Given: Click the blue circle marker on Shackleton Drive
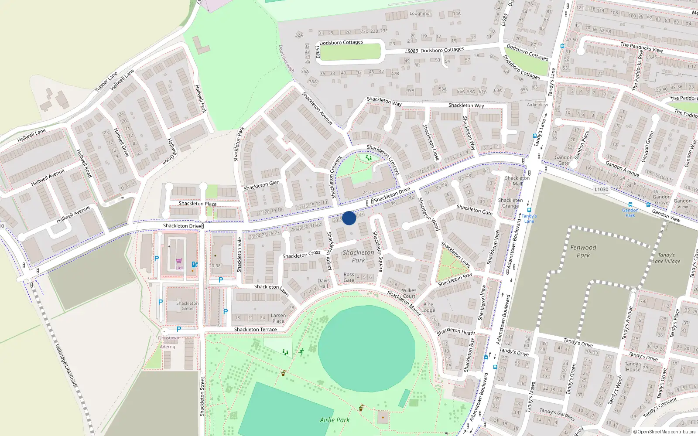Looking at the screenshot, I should pyautogui.click(x=349, y=218).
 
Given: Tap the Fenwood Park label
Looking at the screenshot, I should pyautogui.click(x=583, y=251).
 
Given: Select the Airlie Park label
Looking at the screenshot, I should pyautogui.click(x=335, y=420).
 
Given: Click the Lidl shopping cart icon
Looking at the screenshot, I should pyautogui.click(x=179, y=262).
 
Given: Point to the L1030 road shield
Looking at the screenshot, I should pyautogui.click(x=602, y=189).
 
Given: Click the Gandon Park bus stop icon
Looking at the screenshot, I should pyautogui.click(x=630, y=205).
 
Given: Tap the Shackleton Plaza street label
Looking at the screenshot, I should pyautogui.click(x=198, y=204).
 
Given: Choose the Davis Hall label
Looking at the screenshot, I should pyautogui.click(x=324, y=283).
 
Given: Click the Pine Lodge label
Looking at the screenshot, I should pyautogui.click(x=428, y=307).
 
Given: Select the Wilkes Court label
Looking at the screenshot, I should pyautogui.click(x=409, y=293).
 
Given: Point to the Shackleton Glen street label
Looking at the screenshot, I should pyautogui.click(x=261, y=185).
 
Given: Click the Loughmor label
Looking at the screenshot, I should pyautogui.click(x=420, y=14).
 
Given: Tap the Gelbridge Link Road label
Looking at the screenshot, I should pyautogui.click(x=66, y=365).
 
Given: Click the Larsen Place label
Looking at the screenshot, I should pyautogui.click(x=278, y=318).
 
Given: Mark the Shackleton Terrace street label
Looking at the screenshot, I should pyautogui.click(x=255, y=330).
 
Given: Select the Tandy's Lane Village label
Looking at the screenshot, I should pyautogui.click(x=666, y=258).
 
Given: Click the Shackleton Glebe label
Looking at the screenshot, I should pyautogui.click(x=187, y=306).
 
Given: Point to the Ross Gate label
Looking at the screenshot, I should pyautogui.click(x=349, y=277).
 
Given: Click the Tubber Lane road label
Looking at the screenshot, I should pyautogui.click(x=106, y=82).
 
